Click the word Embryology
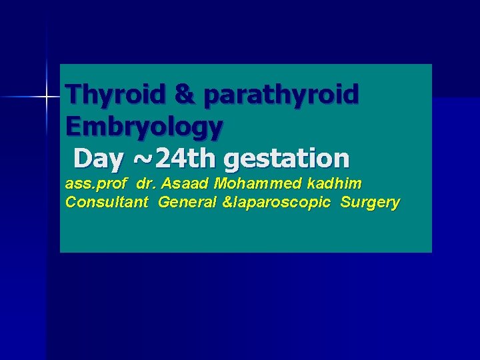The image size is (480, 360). [x=145, y=126]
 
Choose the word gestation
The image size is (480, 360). [x=287, y=159]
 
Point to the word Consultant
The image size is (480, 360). [x=107, y=202]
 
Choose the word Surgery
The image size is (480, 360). [x=370, y=203]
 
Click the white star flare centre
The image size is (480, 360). [x=47, y=97]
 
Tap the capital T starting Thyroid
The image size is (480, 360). [x=73, y=95]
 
